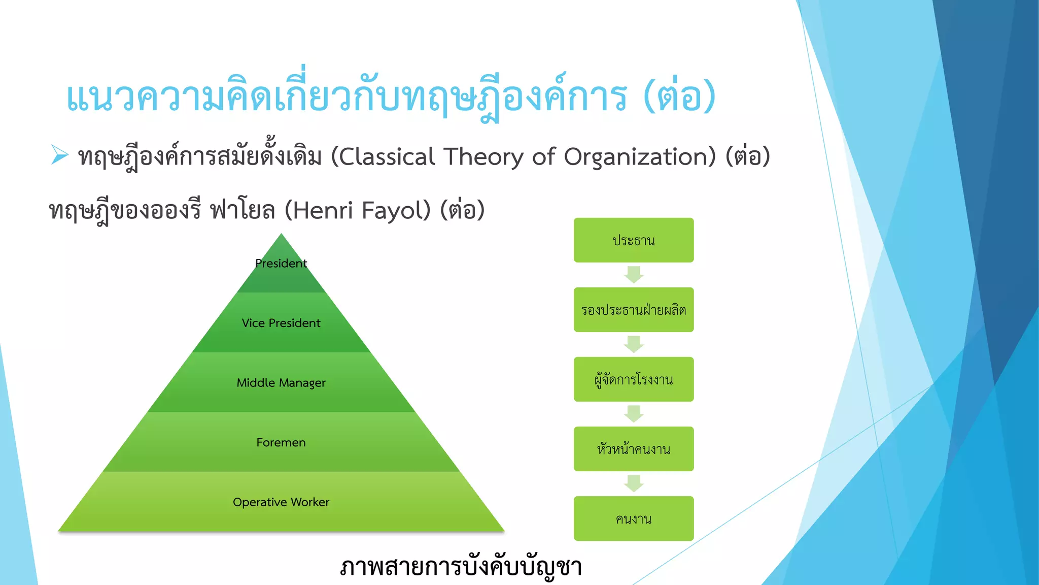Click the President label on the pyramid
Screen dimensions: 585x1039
(281, 264)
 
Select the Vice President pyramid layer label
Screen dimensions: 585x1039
(281, 323)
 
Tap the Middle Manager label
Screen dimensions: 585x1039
(281, 383)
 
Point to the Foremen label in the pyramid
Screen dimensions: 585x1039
(281, 442)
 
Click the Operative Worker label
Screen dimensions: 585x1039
(281, 502)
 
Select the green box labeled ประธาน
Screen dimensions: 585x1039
(634, 240)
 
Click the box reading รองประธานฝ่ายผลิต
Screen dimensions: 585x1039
(634, 310)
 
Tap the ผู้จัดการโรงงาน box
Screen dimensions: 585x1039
(634, 379)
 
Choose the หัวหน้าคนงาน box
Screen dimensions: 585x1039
(634, 449)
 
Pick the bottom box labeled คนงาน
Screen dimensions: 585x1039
(634, 518)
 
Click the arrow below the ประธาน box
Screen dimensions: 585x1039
(634, 275)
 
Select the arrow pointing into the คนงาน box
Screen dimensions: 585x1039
(634, 483)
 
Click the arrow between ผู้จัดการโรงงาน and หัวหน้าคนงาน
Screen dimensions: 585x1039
(634, 414)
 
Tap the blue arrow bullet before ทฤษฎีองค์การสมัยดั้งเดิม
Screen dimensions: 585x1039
(59, 155)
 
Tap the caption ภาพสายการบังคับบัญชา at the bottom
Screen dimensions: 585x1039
(461, 567)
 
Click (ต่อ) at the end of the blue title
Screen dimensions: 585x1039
(680, 96)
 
